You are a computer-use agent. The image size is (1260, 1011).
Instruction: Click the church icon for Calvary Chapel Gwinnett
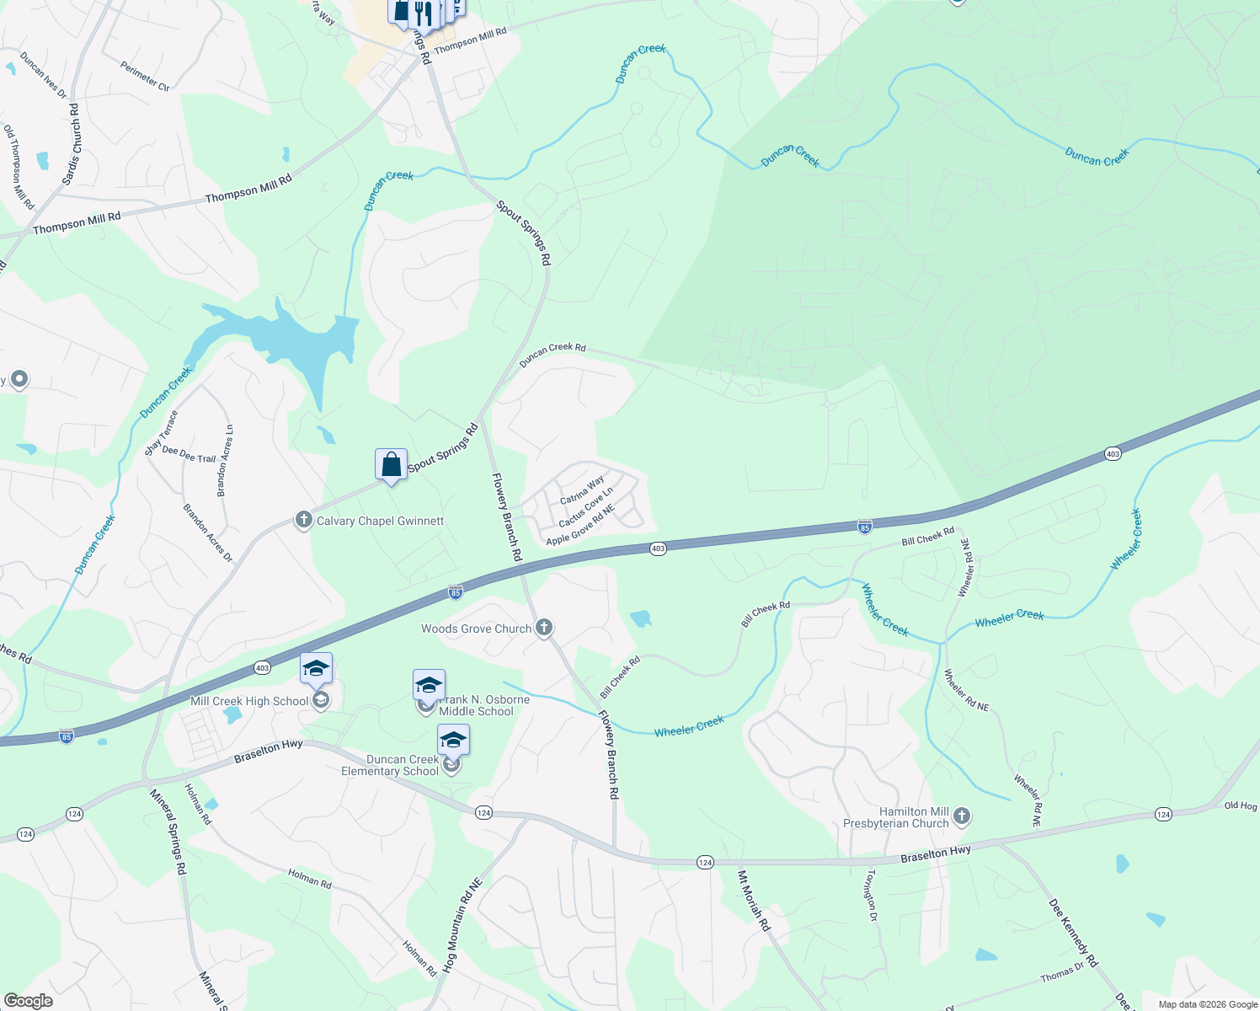[x=304, y=520]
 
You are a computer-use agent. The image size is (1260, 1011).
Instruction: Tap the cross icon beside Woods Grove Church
[x=544, y=627]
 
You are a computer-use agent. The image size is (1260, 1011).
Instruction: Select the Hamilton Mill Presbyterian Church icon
[x=962, y=816]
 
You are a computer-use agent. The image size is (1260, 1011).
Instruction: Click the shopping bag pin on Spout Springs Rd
[x=391, y=464]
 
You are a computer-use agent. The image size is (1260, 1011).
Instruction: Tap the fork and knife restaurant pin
[x=423, y=13]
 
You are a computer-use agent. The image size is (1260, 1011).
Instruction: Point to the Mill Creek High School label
[x=249, y=701]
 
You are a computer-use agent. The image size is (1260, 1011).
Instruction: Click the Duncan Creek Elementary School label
[x=390, y=765]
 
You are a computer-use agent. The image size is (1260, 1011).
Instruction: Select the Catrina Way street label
[x=582, y=490]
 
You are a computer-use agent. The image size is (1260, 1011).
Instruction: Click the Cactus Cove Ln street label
[x=586, y=507]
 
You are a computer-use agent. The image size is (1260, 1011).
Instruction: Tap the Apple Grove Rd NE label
[x=581, y=525]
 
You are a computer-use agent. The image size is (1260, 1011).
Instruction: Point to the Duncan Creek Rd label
[x=553, y=355]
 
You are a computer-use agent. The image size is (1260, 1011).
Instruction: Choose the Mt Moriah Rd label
[x=754, y=901]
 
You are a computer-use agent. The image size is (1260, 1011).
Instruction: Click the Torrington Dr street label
[x=872, y=896]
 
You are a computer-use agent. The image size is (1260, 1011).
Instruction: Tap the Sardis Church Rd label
[x=71, y=145]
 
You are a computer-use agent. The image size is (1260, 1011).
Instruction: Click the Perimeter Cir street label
[x=145, y=76]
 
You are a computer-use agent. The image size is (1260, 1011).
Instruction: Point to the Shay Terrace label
[x=161, y=433]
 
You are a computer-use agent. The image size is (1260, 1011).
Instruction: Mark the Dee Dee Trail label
[x=189, y=455]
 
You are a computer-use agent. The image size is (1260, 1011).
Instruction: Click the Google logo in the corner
[x=28, y=1001]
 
